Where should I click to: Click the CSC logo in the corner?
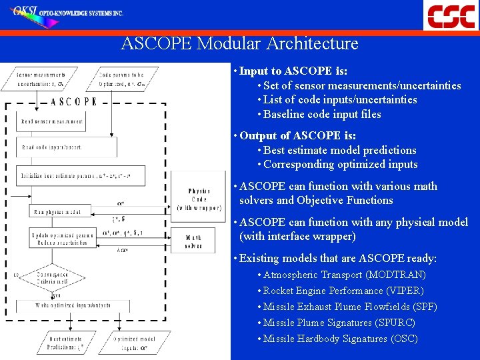451,15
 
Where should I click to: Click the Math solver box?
194,242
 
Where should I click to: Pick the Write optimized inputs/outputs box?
73,305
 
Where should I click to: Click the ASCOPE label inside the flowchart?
74,102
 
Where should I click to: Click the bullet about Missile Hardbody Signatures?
340,339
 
